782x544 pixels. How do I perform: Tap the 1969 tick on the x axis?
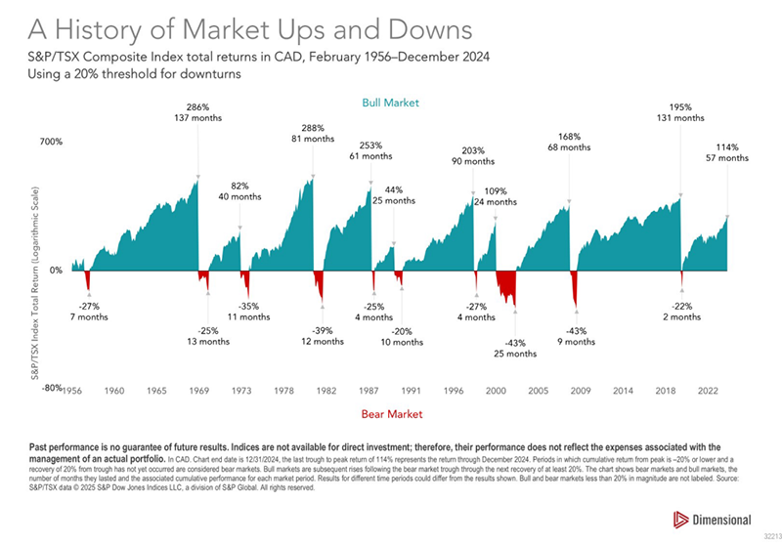199,390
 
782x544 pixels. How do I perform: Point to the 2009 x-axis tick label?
581,390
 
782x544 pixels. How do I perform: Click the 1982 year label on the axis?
326,390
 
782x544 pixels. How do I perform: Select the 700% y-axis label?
51,143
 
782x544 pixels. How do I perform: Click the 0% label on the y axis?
56,270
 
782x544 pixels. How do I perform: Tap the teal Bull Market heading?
391,102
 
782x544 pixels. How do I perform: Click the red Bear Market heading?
391,414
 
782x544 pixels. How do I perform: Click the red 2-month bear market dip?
680,278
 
